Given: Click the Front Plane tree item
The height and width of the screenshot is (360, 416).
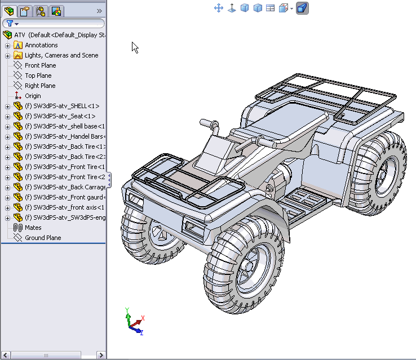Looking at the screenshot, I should (x=40, y=65).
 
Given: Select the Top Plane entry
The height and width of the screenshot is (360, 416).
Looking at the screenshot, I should (x=38, y=75).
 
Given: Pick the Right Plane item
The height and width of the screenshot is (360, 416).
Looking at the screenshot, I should (x=40, y=86).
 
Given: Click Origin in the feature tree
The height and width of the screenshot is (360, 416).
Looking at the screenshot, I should (x=33, y=96).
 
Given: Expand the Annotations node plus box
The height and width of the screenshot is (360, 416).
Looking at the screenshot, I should (x=7, y=45).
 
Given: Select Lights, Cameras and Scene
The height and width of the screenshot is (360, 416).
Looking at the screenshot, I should (x=61, y=55).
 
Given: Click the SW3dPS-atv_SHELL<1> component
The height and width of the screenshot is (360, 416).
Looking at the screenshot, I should (x=62, y=106).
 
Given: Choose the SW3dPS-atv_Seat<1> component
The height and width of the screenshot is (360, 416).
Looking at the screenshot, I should (x=60, y=116).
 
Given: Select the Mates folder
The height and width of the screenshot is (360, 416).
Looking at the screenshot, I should (x=33, y=228).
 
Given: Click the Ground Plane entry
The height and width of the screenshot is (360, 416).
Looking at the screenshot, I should (x=42, y=238).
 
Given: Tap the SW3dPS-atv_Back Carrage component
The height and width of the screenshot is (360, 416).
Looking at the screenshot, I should (x=65, y=187).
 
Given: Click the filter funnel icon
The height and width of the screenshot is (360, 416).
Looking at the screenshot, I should (x=10, y=24).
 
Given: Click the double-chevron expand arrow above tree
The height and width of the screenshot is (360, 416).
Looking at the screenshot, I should (x=100, y=11).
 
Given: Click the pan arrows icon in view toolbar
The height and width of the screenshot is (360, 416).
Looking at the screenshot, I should (x=219, y=8).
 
